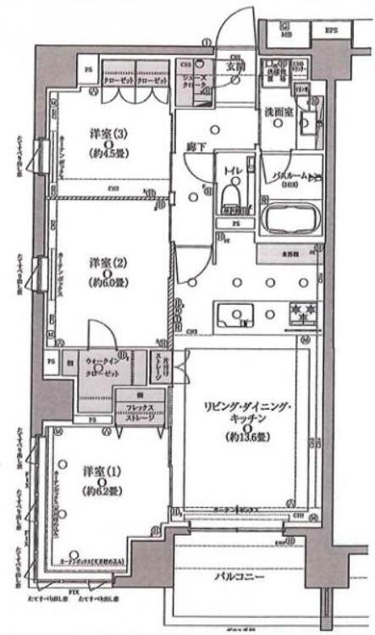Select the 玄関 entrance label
point(234,66)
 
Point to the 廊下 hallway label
point(197,146)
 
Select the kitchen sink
point(230,315)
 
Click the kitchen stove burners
point(303,312)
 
